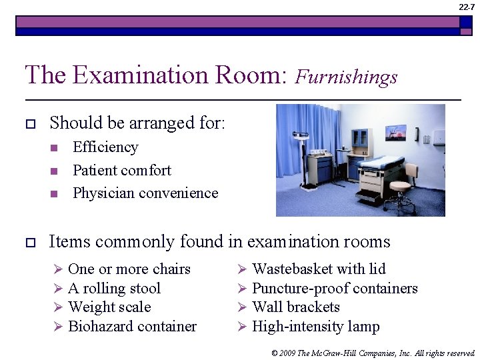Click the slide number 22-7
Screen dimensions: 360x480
[x=467, y=7]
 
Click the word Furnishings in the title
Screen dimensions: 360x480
[x=346, y=77]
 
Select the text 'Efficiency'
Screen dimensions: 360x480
[x=105, y=147]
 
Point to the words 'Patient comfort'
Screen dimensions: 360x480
[x=121, y=171]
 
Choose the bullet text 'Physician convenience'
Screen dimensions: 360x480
[x=145, y=193]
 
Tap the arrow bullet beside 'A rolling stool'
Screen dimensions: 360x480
[x=58, y=289]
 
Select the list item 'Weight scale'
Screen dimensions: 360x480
[x=109, y=307]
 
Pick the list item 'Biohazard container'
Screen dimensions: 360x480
[x=132, y=327]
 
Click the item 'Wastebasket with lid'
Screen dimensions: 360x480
[x=319, y=269]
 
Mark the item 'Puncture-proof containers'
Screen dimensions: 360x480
[x=335, y=289]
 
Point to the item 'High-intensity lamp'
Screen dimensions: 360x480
[x=315, y=327]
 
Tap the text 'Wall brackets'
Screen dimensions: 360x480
[x=296, y=307]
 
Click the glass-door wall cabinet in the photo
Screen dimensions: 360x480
[x=361, y=139]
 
